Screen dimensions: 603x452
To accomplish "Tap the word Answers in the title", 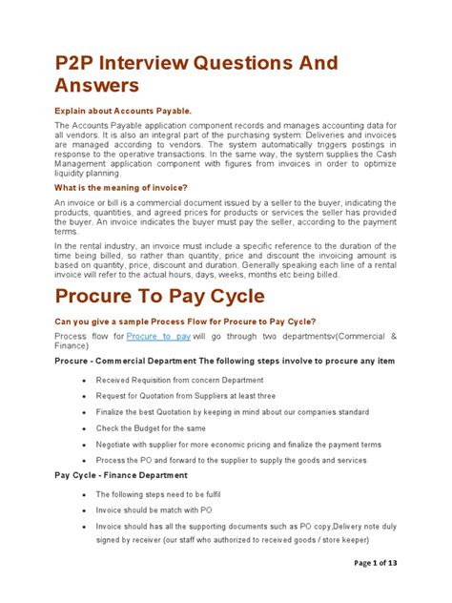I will click(97, 86).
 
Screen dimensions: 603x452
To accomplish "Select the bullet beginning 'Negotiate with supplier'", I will click(237, 445).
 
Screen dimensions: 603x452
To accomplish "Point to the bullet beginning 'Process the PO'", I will click(231, 460).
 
